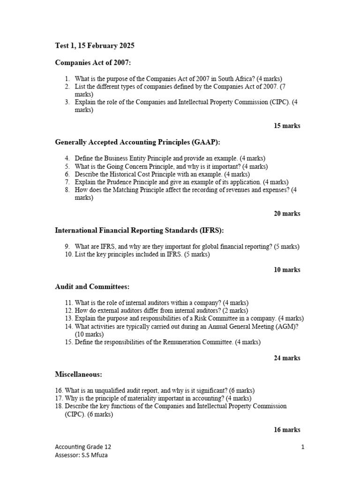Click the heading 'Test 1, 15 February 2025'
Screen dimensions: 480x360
coord(95,45)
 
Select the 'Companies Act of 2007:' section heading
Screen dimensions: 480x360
coord(89,62)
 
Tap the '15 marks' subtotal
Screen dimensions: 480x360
coord(287,126)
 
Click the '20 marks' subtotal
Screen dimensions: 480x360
coord(287,213)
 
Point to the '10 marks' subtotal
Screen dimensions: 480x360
coord(287,270)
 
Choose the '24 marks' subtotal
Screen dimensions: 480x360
coord(287,358)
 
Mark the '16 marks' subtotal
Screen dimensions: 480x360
coord(287,429)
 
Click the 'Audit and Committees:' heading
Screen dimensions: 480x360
coord(92,286)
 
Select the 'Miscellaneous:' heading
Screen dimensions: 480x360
coord(78,375)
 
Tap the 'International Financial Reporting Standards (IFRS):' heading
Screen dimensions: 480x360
coord(139,230)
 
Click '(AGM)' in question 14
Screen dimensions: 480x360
coord(287,326)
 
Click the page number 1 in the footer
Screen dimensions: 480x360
coord(303,447)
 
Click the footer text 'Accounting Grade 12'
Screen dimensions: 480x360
coord(83,447)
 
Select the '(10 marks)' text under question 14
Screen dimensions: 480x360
coord(89,334)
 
